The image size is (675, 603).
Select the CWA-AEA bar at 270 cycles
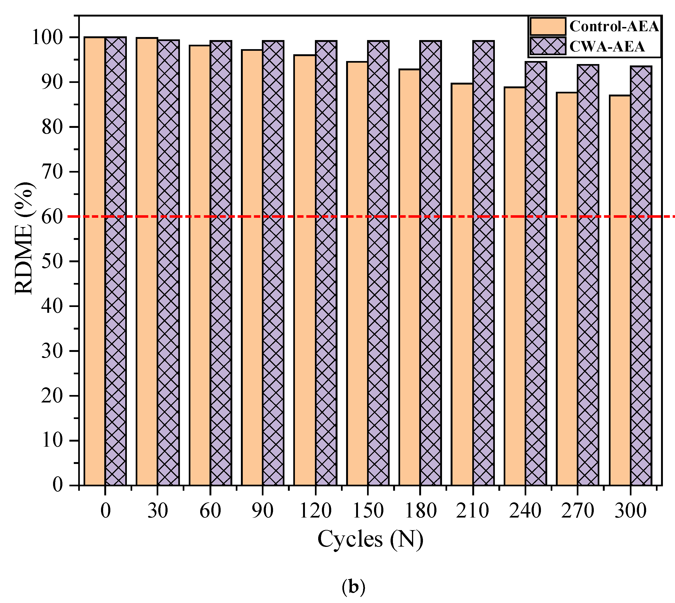(588, 275)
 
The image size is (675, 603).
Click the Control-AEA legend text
(614, 26)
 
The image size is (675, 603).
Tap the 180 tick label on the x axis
(420, 511)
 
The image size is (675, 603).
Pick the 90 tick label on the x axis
(263, 511)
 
